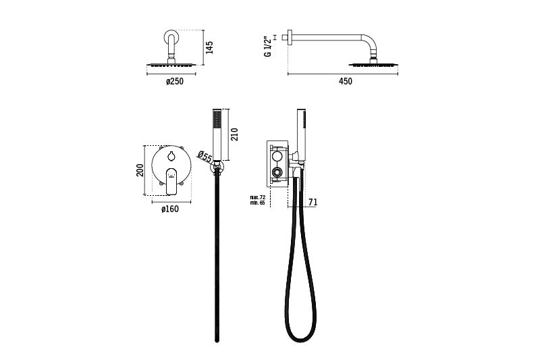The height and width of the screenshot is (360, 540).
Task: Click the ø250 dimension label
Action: (x=175, y=82)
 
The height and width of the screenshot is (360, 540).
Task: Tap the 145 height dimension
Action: (x=209, y=47)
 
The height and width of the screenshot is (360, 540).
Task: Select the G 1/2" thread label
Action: (x=267, y=47)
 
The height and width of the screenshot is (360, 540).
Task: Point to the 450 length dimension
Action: (x=346, y=81)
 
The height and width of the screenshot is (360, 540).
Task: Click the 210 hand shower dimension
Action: (x=234, y=134)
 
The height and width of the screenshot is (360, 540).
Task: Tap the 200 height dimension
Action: (x=140, y=170)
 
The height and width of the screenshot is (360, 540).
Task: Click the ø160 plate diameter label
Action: (x=170, y=209)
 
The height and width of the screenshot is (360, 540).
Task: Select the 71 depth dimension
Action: (x=313, y=202)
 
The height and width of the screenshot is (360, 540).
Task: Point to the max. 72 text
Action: (x=258, y=197)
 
